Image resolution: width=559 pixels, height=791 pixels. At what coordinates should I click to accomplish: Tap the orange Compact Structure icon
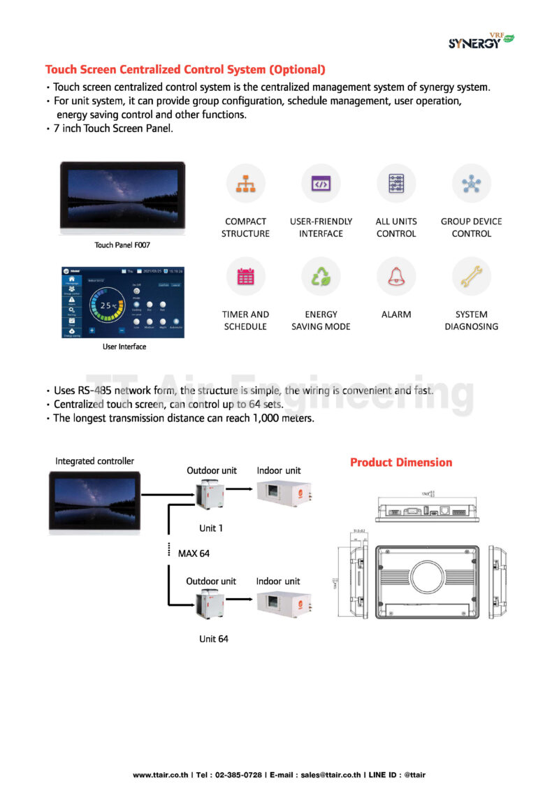(x=245, y=184)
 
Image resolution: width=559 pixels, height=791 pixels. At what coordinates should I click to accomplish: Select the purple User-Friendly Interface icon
(x=321, y=184)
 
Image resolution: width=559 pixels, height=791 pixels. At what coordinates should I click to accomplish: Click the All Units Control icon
(x=396, y=184)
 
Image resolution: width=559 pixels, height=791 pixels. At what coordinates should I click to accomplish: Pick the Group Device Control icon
(x=471, y=184)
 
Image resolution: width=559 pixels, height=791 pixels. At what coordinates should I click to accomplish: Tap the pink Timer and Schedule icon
(x=245, y=277)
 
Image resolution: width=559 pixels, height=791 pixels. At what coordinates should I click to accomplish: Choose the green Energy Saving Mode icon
(x=321, y=277)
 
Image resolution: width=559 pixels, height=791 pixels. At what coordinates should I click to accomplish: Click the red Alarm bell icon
(x=396, y=277)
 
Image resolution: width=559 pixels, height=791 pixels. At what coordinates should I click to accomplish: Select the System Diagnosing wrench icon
(x=471, y=277)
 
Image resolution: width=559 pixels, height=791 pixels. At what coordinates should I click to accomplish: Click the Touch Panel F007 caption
(x=122, y=245)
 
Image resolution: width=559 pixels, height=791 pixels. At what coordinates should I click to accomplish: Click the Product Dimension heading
(x=400, y=463)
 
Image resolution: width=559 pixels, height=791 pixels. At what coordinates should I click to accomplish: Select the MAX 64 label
(x=194, y=553)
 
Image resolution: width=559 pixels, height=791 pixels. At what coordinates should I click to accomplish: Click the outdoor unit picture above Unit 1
(x=210, y=495)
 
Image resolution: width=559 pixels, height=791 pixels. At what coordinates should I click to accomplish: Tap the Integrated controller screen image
(x=94, y=502)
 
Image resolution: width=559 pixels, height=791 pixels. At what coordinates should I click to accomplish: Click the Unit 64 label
(x=213, y=639)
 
